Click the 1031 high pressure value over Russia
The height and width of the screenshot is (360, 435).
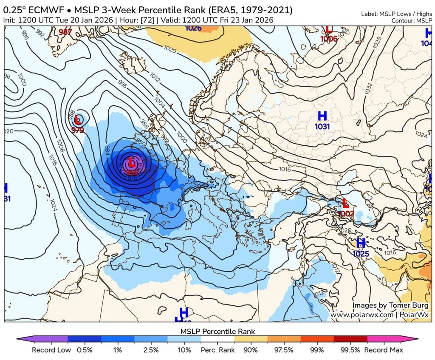(x=322, y=126)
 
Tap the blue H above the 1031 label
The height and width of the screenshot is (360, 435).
(x=322, y=116)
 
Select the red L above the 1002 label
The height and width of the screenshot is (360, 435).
(x=346, y=203)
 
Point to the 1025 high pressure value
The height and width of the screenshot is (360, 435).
(x=361, y=254)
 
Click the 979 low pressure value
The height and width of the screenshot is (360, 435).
(x=78, y=130)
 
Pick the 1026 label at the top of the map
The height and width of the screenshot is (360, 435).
(x=193, y=28)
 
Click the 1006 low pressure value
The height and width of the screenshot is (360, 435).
(x=329, y=39)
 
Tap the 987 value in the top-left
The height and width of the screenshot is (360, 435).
(x=65, y=32)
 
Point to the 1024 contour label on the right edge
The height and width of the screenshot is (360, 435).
(x=421, y=135)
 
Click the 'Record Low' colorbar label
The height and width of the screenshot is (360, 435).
(x=50, y=350)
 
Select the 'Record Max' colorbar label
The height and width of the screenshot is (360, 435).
(x=384, y=350)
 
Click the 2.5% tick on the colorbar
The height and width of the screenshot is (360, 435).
(x=151, y=350)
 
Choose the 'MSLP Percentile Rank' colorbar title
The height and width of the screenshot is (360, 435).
(x=217, y=331)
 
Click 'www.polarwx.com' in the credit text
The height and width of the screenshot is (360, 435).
(x=361, y=315)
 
